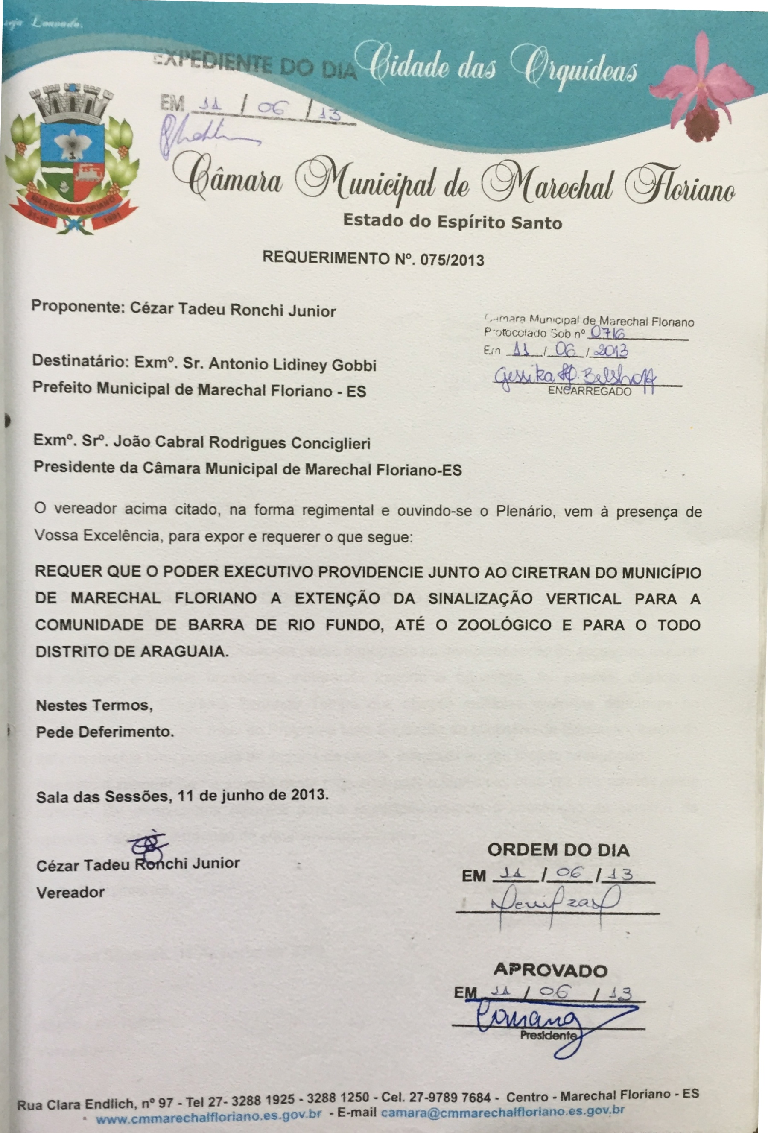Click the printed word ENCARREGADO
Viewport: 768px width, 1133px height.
point(589,392)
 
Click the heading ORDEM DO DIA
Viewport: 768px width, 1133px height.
point(558,850)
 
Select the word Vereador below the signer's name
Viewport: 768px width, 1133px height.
point(71,893)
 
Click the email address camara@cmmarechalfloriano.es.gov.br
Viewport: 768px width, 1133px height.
point(502,1110)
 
